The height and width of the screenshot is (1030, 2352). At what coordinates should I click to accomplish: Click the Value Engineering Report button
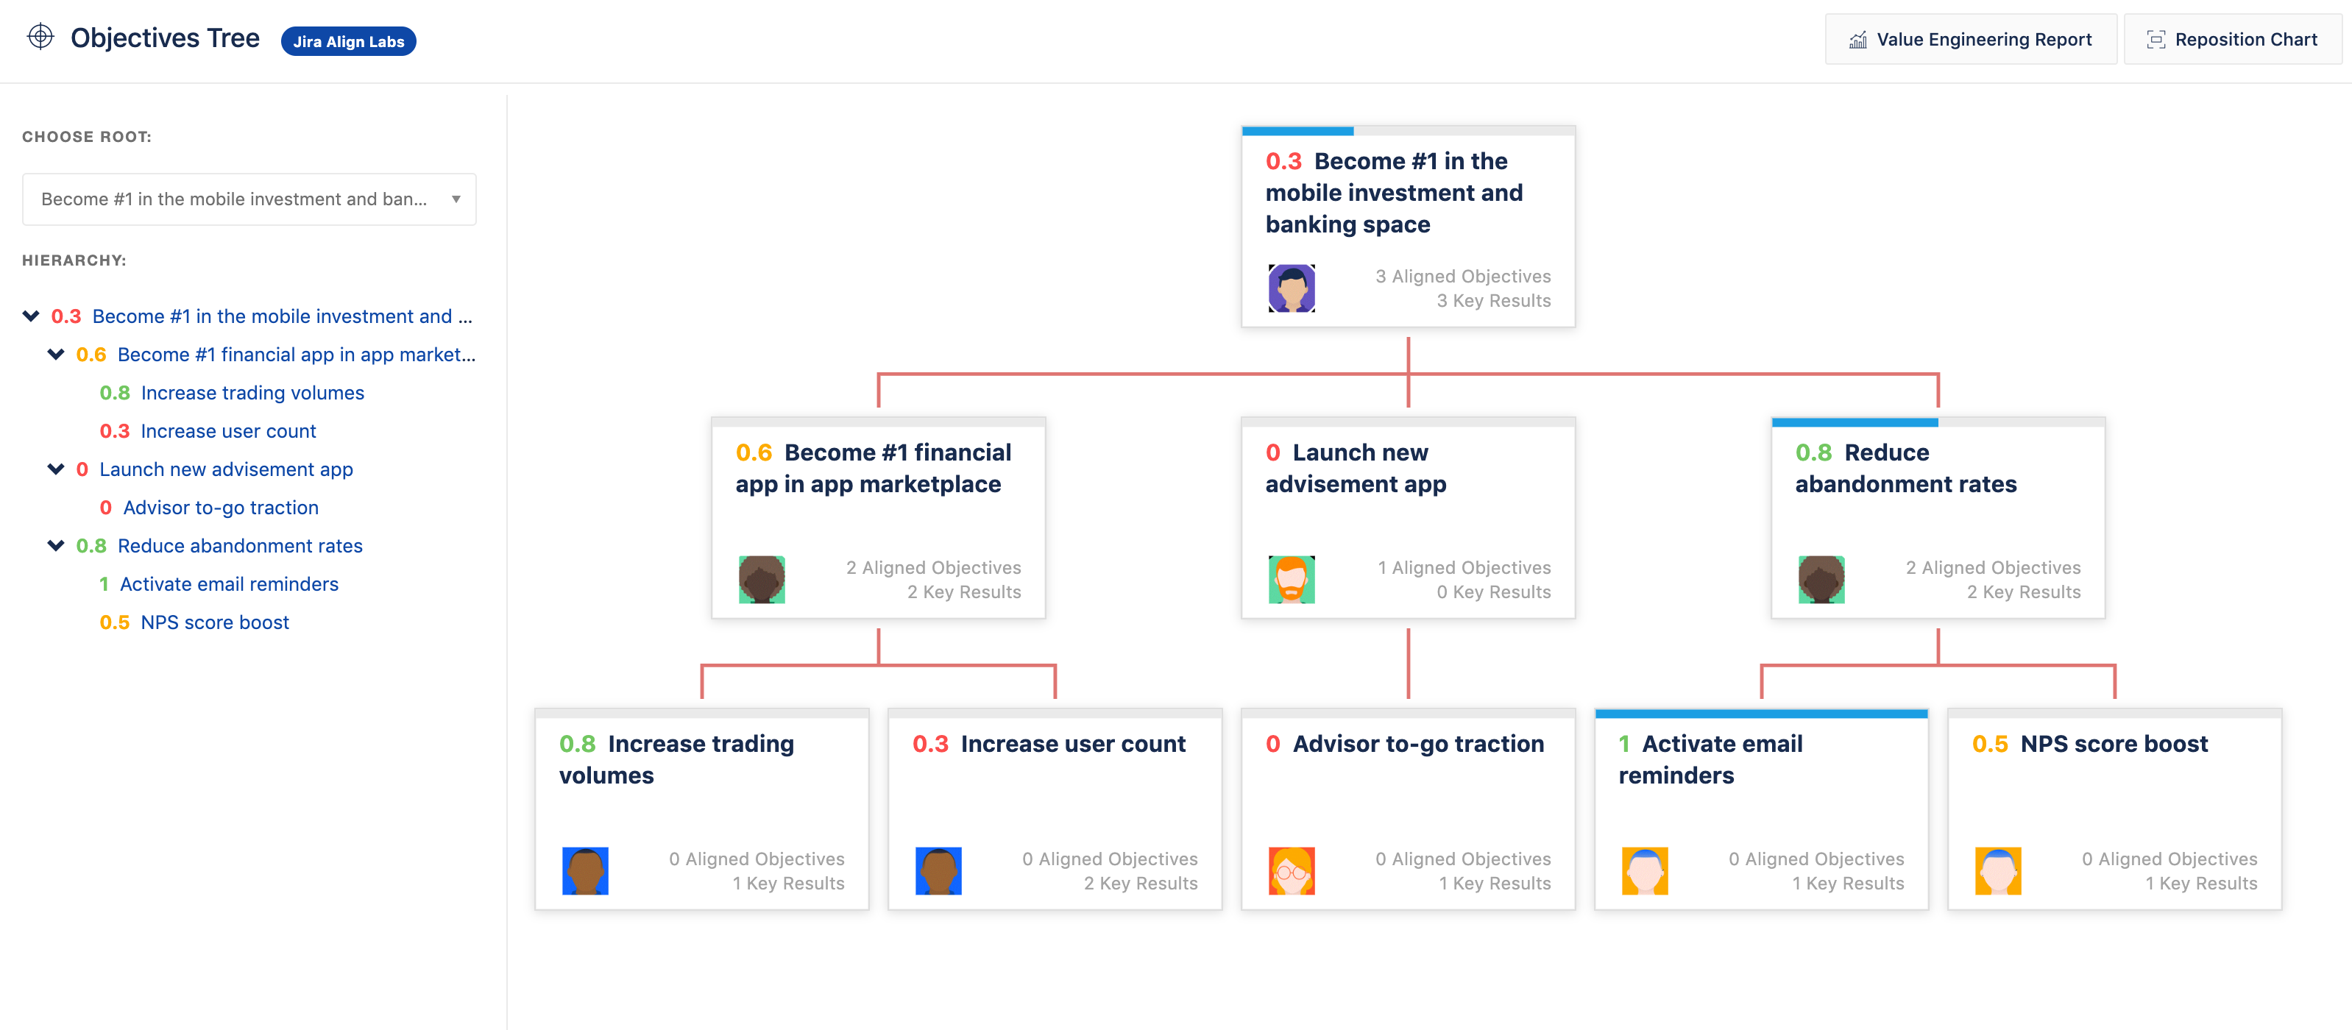1970,39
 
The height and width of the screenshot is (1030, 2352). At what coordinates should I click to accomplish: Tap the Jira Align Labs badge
348,41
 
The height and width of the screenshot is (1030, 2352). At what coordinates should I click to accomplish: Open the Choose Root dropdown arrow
456,199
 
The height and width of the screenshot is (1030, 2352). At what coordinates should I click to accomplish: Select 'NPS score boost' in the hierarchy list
215,622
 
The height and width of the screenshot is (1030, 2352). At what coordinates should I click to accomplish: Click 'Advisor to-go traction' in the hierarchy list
221,508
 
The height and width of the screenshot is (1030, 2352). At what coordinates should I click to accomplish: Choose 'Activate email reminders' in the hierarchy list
229,584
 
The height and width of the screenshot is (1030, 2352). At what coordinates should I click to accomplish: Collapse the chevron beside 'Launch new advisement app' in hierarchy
56,469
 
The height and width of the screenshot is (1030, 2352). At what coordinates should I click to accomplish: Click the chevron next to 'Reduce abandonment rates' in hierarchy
56,546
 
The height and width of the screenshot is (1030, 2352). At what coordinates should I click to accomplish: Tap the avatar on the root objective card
1291,288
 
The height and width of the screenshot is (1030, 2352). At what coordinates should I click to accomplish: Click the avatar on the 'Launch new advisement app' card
1291,580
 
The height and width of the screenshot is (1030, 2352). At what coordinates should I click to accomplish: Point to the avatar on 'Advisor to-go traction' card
1291,871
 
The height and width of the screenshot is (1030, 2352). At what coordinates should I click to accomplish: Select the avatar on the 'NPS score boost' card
1998,871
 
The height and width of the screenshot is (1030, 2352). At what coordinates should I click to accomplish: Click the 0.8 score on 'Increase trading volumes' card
577,745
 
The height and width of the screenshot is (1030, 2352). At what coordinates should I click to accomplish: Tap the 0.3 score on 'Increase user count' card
930,745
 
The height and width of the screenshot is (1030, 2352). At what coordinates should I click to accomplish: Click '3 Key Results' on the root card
1494,300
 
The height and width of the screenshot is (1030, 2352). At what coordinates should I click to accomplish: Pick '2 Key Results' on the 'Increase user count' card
1141,883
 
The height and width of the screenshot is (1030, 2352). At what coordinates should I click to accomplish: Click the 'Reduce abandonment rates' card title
1907,469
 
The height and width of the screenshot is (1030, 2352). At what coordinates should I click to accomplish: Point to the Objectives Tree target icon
40,37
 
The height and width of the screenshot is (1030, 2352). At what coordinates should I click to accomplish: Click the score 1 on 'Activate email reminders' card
1624,745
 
